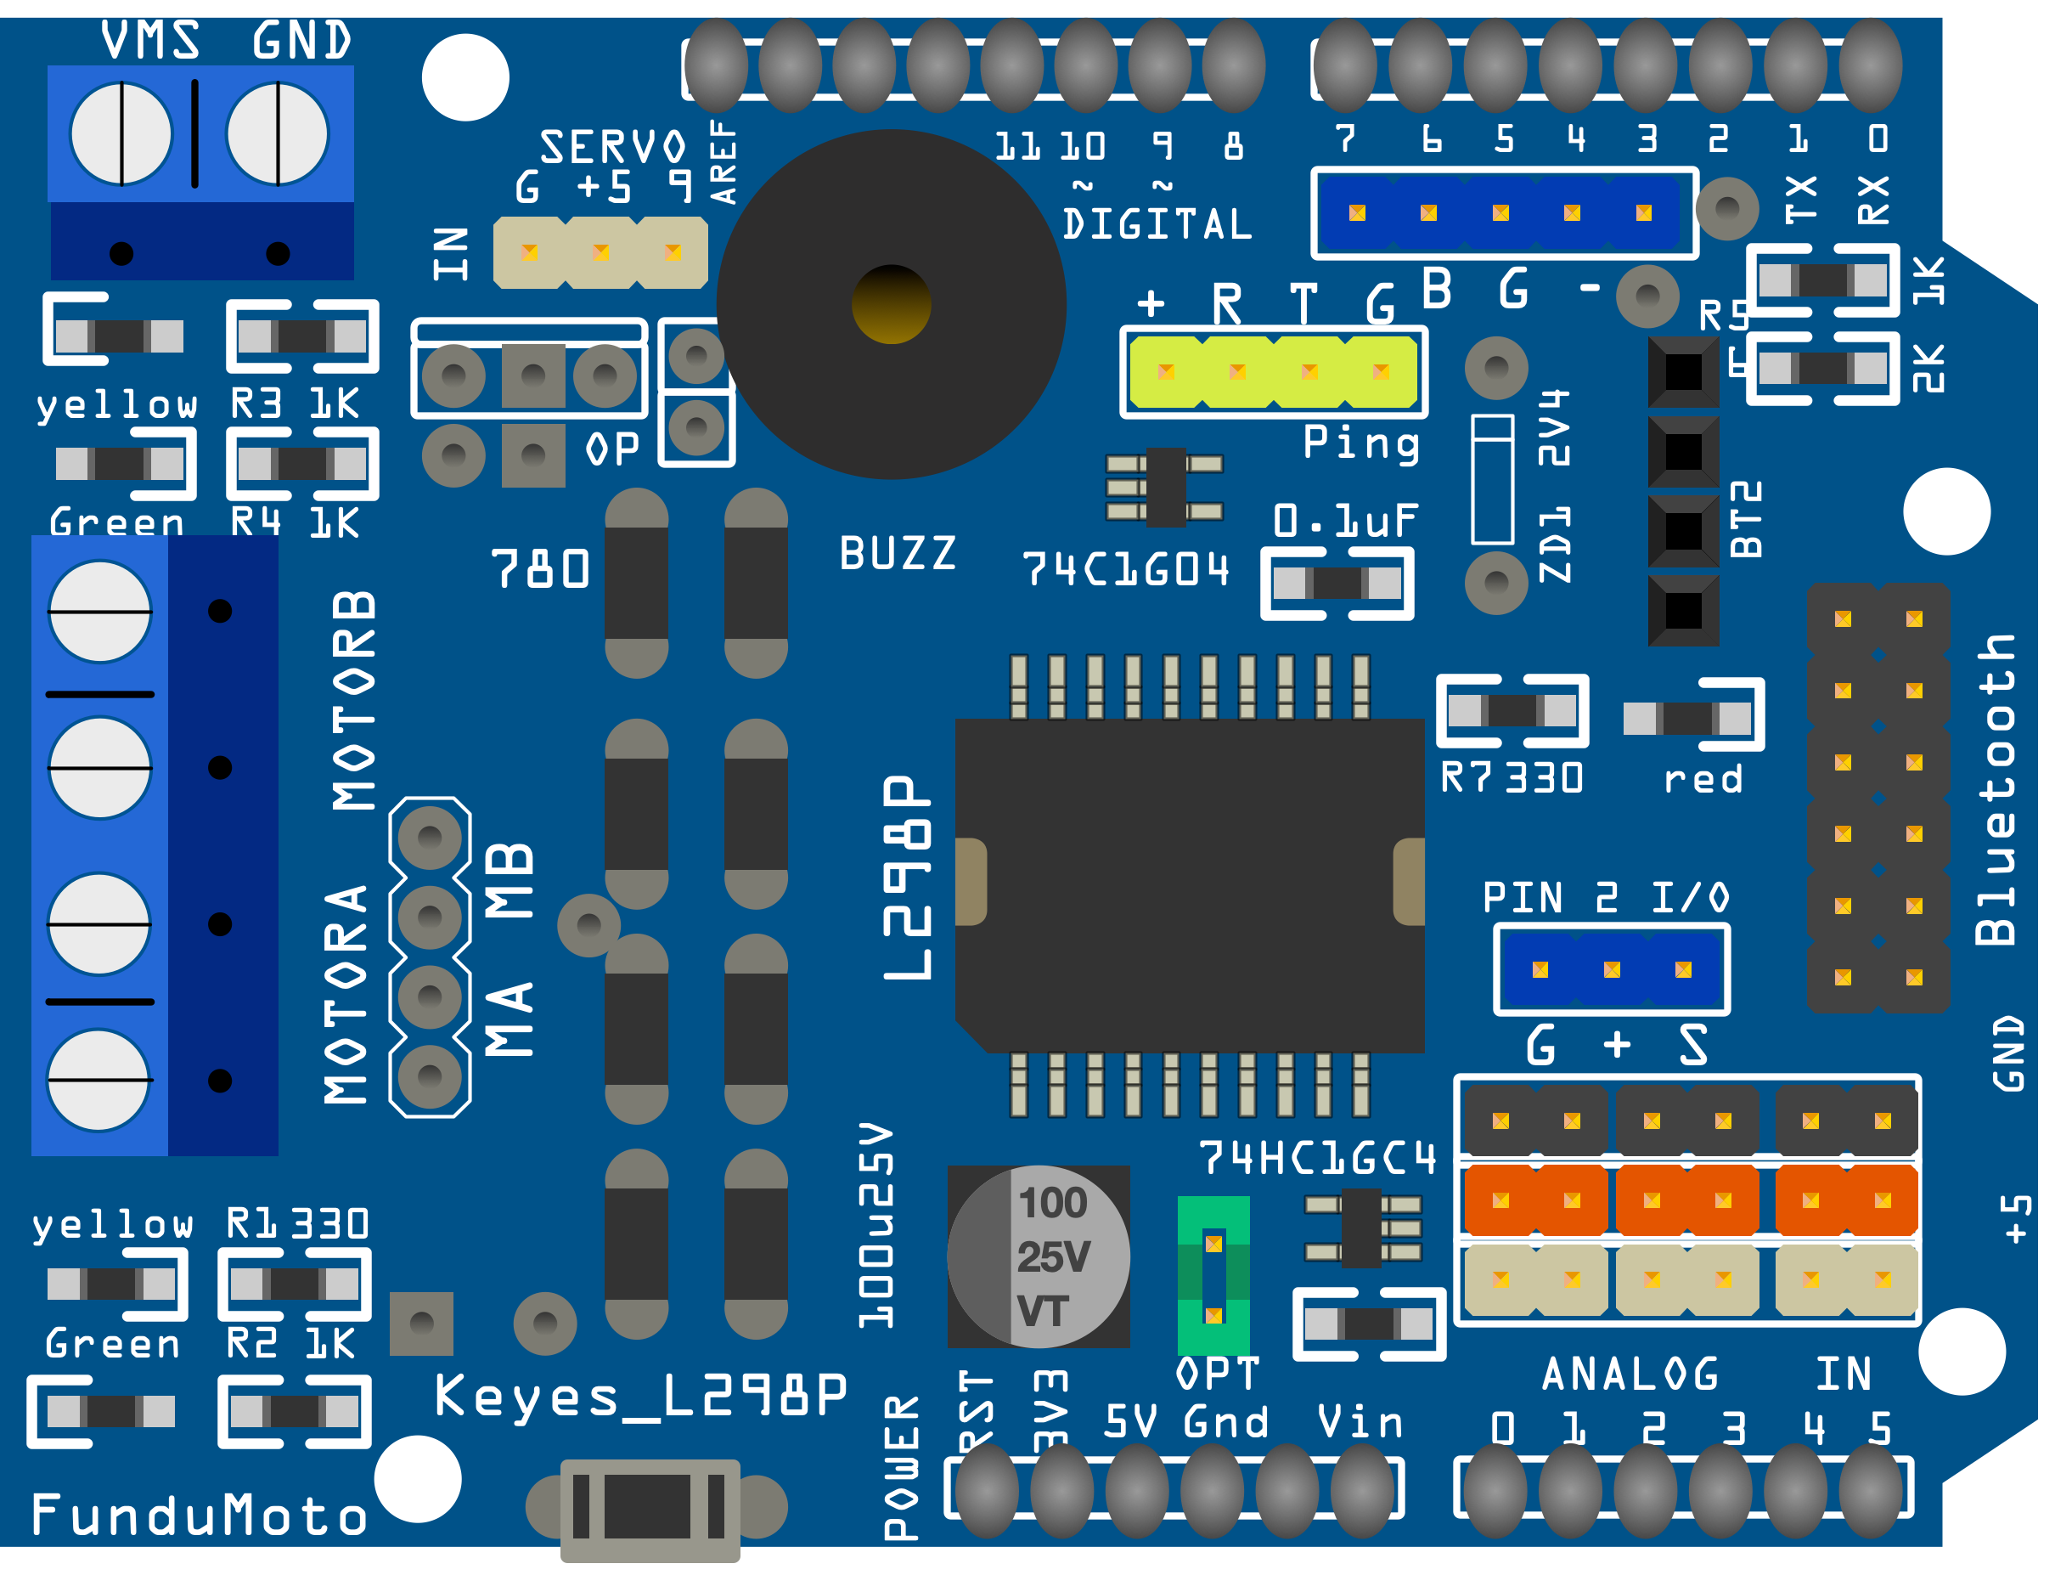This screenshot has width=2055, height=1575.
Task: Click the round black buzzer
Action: tap(891, 305)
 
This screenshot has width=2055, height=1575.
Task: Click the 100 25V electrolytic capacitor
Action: tap(1039, 1256)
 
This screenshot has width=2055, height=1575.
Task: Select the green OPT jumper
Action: tap(1213, 1275)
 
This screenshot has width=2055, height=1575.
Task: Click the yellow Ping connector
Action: tap(1274, 372)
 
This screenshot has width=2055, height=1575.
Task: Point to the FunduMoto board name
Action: tap(199, 1516)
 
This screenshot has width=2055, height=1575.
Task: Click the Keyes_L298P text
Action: tap(641, 1397)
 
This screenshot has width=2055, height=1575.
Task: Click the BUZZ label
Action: tap(898, 553)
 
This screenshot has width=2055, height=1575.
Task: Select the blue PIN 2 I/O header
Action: tap(1612, 969)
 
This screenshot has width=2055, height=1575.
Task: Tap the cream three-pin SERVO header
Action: tap(600, 252)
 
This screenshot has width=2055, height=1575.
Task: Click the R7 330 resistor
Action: tap(1512, 711)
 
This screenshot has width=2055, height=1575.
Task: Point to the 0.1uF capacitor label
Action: tap(1346, 522)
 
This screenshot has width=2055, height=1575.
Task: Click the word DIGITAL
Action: tap(1157, 224)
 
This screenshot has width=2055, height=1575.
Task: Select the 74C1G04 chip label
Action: tap(1124, 569)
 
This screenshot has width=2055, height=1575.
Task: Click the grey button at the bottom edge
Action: tap(650, 1508)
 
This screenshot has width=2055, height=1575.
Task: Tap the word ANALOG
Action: tap(1630, 1375)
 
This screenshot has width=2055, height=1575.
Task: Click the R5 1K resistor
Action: tap(1822, 279)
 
